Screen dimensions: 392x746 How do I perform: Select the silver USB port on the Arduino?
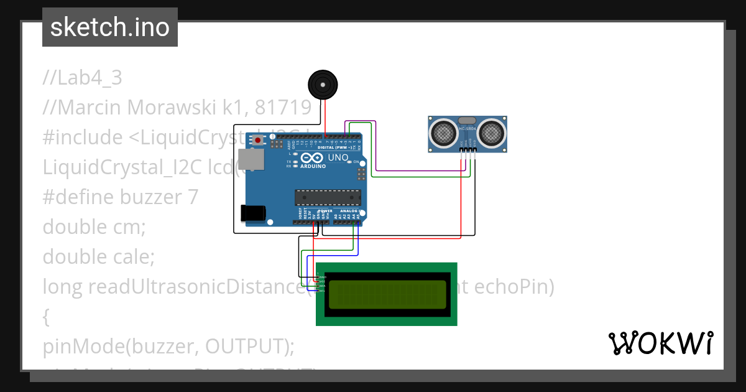point(250,160)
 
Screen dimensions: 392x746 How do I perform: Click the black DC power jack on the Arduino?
point(253,213)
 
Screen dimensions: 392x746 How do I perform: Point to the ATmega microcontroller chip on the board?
point(328,197)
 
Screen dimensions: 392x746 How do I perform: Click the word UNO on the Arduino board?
point(338,158)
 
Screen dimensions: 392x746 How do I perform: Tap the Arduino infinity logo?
point(312,159)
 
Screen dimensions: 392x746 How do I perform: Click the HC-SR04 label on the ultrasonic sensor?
point(467,129)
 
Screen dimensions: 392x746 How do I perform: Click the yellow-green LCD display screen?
point(387,294)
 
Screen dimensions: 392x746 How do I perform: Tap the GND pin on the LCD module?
point(322,277)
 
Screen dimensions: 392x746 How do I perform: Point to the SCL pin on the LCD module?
point(322,291)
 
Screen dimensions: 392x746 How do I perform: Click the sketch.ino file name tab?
point(110,27)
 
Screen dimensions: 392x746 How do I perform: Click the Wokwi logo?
point(660,343)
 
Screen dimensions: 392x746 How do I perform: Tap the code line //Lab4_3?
point(83,78)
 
